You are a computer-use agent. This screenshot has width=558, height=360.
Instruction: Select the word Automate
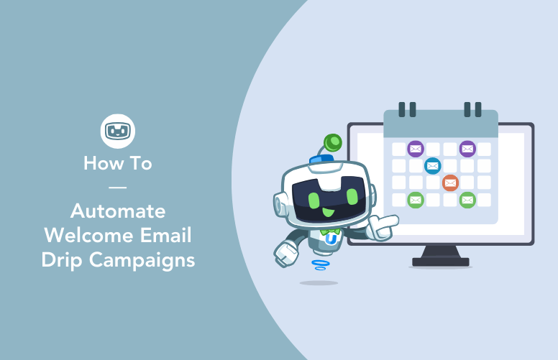118,212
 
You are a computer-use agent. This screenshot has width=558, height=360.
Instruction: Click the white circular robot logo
118,131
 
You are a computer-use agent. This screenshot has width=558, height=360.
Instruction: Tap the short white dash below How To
117,187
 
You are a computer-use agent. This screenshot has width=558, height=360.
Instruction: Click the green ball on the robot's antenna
333,142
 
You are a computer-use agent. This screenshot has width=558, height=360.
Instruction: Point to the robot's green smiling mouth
327,211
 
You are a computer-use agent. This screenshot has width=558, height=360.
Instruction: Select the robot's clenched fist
287,252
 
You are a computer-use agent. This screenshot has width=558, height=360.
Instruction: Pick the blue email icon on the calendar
433,166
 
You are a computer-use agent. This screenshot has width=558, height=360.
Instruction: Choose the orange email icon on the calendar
450,183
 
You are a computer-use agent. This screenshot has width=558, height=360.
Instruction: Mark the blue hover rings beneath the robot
321,264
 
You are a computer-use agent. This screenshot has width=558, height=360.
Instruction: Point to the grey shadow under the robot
319,282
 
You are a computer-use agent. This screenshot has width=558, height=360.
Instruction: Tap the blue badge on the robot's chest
331,239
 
